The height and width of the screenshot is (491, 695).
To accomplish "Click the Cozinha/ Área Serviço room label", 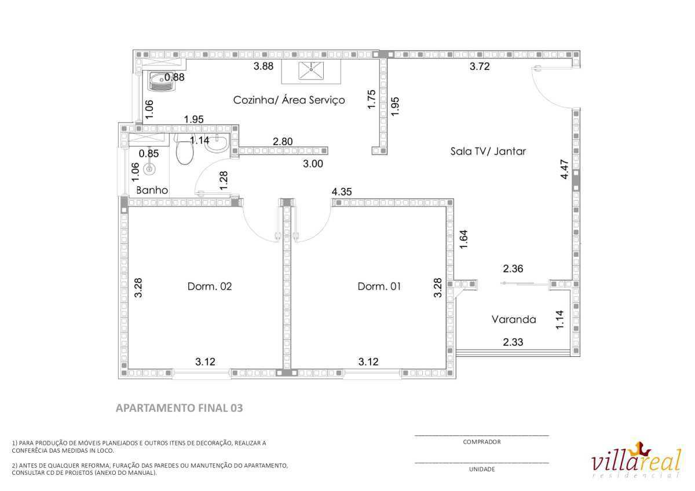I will coord(288,100).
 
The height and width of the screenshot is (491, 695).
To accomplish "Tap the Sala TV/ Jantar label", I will coord(488,152).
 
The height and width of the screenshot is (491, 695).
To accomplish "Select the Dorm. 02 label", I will coord(209,286).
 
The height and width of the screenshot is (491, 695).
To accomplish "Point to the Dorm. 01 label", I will coord(379,286).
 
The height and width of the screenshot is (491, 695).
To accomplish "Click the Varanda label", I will coord(513,319).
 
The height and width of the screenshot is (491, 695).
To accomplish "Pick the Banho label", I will coord(152,190).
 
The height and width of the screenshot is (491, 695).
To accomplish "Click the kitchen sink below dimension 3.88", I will coord(311,71).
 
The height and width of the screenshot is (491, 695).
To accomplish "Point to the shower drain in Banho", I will coord(150,169).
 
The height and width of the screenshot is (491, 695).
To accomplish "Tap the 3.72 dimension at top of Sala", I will coord(480,67).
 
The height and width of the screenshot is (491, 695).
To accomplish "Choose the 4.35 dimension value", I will coord(342,191).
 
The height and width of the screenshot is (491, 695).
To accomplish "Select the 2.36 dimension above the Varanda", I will coord(513,268).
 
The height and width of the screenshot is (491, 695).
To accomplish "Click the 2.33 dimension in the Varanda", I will coord(513,342).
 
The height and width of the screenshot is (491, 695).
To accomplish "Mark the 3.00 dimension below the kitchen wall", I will coord(313,164).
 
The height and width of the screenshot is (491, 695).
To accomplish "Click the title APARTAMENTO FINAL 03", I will coord(180,408).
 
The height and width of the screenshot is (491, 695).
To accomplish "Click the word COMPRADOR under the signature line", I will coord(482,442).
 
